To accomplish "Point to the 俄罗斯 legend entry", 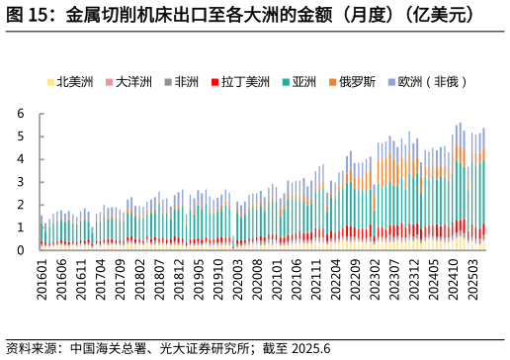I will (x=356, y=82).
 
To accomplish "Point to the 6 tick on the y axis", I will (x=20, y=114).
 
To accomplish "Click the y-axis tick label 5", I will (x=20, y=136).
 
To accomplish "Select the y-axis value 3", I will (x=20, y=182).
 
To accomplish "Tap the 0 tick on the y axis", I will (x=20, y=250).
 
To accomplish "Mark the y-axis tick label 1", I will (x=20, y=227).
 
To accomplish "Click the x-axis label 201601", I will (x=42, y=276).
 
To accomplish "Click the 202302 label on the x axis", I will (x=374, y=276).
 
